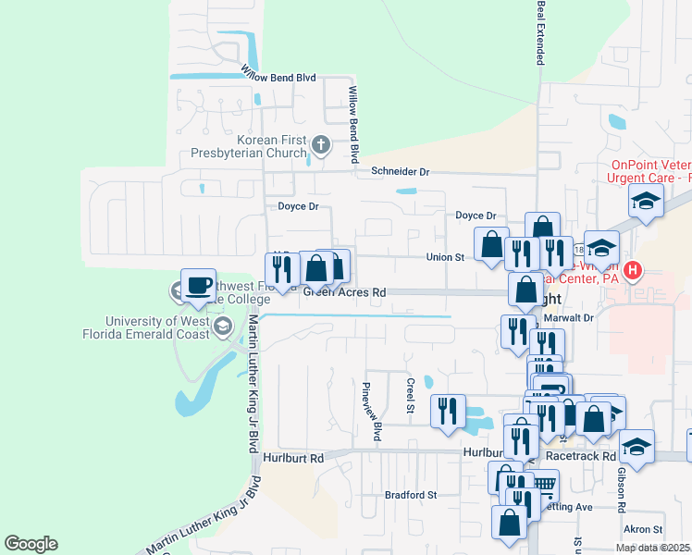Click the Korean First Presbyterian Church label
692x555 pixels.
tap(247, 145)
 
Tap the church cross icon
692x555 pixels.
tap(321, 144)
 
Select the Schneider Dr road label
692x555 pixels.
tap(401, 171)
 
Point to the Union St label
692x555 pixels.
tap(444, 257)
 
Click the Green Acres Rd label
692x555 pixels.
tap(344, 292)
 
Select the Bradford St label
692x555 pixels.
tap(411, 495)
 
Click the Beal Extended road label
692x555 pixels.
tap(540, 32)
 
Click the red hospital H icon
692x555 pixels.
tap(633, 271)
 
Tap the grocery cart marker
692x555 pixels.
tap(544, 484)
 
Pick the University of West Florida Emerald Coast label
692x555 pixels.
tap(158, 327)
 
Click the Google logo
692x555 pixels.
tap(31, 544)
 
